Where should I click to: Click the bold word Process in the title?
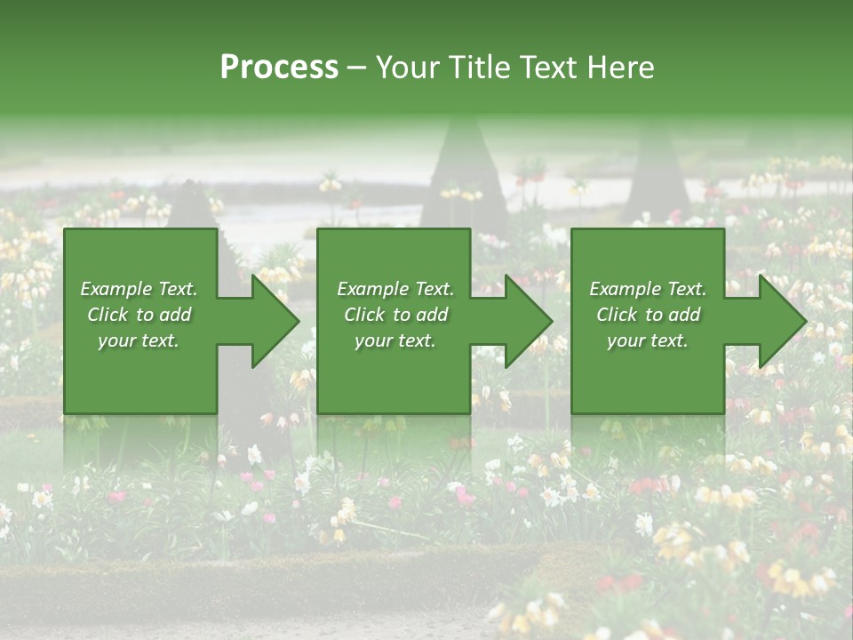pos(279,68)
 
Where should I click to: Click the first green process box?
pos(140,258)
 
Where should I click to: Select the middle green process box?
pos(394,258)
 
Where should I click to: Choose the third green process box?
pos(647,258)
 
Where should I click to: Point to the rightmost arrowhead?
pos(781,321)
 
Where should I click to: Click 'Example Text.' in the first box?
pos(139,289)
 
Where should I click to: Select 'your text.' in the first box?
pos(139,340)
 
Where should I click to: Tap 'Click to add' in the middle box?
pos(395,315)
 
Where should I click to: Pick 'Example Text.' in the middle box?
pos(395,289)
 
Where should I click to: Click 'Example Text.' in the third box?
pos(648,289)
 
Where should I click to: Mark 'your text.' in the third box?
pos(648,340)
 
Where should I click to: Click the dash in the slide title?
pos(357,68)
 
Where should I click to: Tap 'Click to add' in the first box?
pos(139,315)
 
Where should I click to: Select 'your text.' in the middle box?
pos(395,340)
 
